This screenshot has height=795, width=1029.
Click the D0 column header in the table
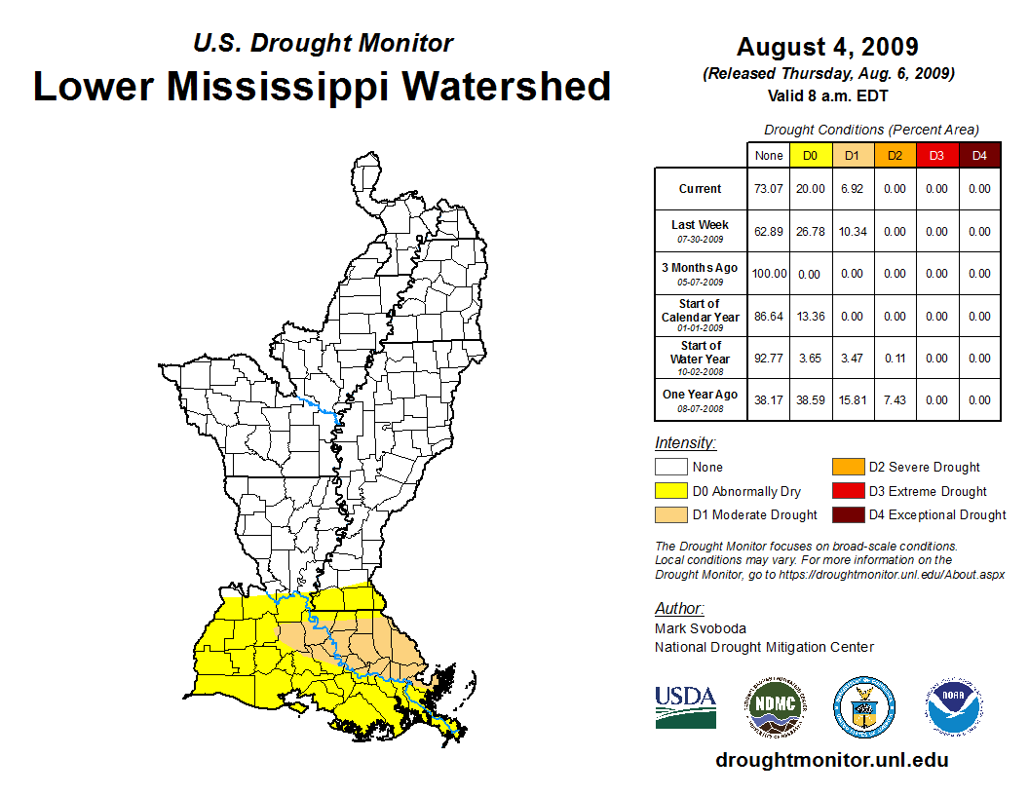pos(810,156)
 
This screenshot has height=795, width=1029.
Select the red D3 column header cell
pos(936,156)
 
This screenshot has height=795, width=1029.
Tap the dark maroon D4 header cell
pos(979,156)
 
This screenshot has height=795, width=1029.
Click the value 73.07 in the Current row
pos(768,189)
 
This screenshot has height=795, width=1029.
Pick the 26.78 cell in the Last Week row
pos(810,232)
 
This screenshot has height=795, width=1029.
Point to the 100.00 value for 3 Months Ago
pos(768,274)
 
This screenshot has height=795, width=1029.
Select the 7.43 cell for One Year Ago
pos(895,399)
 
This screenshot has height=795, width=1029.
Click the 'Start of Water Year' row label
pos(701,358)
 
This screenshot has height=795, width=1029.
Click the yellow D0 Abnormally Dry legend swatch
pos(670,491)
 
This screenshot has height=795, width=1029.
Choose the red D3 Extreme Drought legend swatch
pos(848,491)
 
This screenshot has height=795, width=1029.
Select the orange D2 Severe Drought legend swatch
pos(848,467)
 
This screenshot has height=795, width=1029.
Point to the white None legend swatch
pos(670,467)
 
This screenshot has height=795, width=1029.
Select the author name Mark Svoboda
pos(692,629)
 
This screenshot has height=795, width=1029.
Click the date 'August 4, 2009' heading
pos(827,47)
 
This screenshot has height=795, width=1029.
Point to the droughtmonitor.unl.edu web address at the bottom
pos(831,760)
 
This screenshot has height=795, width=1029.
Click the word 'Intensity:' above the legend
pos(685,443)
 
